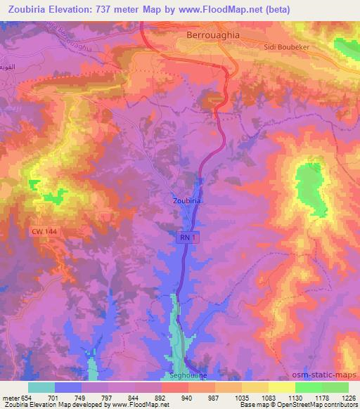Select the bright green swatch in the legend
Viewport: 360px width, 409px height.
308,387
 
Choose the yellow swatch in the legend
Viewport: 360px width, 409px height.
281,387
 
